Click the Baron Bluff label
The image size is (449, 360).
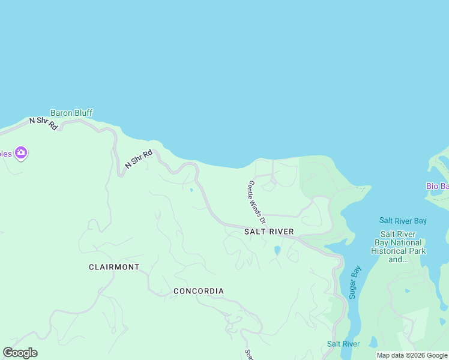click(x=71, y=113)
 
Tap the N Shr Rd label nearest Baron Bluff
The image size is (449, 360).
click(x=43, y=123)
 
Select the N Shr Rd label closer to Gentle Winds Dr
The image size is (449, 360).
click(x=139, y=158)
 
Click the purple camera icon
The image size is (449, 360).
click(x=21, y=153)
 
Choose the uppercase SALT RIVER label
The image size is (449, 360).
click(x=269, y=232)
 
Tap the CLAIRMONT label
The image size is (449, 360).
click(x=114, y=267)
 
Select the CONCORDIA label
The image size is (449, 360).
click(x=199, y=291)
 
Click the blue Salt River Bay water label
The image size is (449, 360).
click(x=403, y=221)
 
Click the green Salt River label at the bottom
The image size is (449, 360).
click(x=343, y=344)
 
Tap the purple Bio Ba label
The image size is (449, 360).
click(x=437, y=186)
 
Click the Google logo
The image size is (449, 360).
click(x=20, y=353)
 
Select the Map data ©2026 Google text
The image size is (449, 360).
click(x=411, y=355)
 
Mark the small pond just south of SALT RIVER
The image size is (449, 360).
click(x=277, y=250)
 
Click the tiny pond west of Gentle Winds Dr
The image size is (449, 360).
click(x=191, y=191)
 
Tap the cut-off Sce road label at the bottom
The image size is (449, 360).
click(x=248, y=355)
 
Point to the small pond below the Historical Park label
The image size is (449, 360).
click(x=408, y=291)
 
